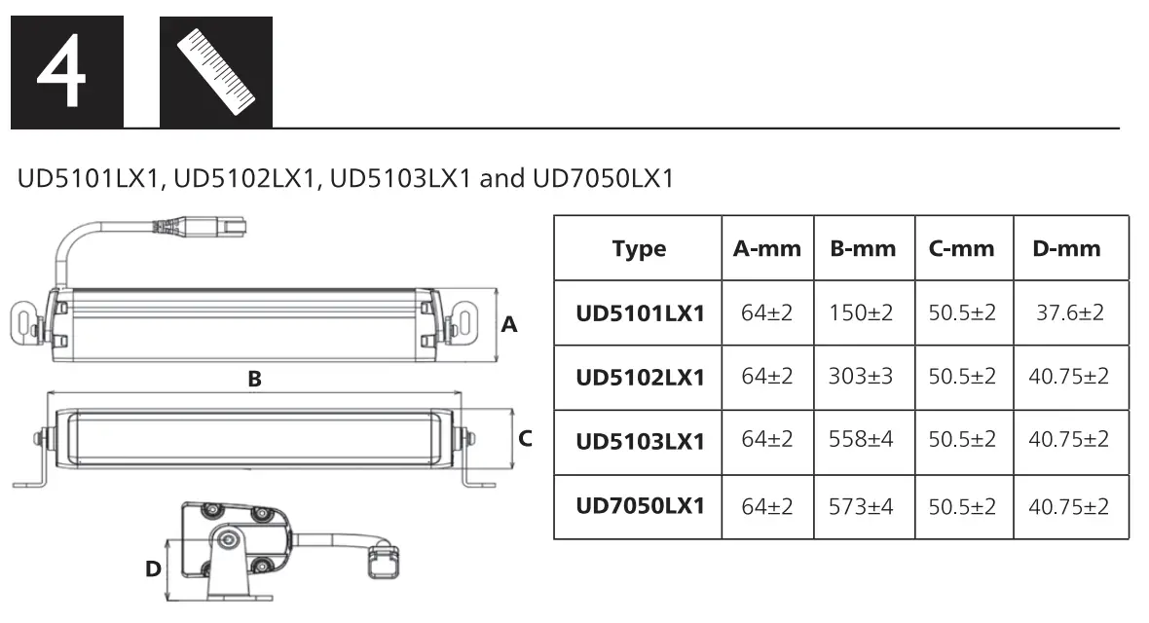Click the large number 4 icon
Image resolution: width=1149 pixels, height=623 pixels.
coord(66,72)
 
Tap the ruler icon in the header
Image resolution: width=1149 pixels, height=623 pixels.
coord(216,72)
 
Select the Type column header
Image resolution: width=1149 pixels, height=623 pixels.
coord(639,249)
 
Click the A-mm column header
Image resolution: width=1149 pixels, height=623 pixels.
coord(767,248)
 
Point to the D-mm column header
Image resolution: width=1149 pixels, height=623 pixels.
coord(1066,248)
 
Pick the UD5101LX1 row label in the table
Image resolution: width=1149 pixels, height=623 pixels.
coord(640,313)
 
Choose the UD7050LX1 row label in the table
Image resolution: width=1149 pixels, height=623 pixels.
coord(640,506)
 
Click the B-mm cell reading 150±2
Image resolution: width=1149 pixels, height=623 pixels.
coord(861,313)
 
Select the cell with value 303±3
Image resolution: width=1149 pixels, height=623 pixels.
coord(861,376)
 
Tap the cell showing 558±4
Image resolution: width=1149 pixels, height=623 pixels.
coord(861,439)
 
